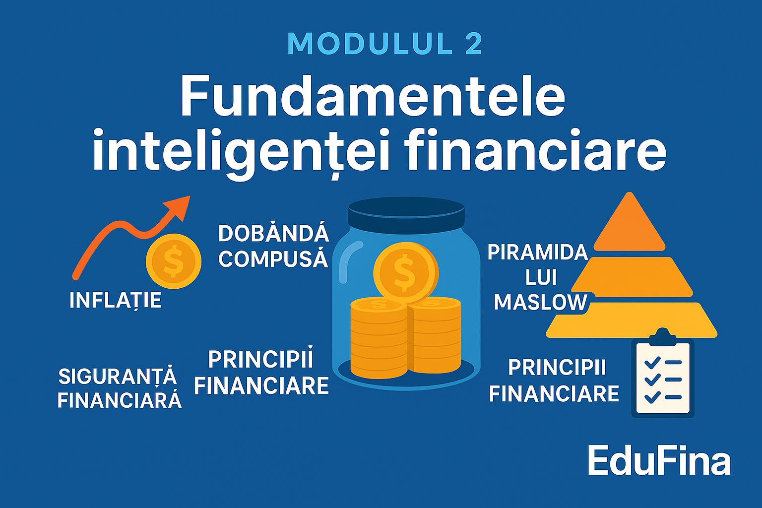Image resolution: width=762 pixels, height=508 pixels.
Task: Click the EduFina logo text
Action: [x=659, y=461]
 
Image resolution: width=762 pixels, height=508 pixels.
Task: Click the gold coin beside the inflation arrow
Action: [x=173, y=261]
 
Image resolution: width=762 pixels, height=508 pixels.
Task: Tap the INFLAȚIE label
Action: [x=115, y=300]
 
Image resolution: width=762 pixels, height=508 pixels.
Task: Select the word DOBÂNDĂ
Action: [x=273, y=234]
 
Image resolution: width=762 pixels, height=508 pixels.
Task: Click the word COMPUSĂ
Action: [x=273, y=258]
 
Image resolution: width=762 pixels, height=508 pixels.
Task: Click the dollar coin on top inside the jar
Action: [x=405, y=271]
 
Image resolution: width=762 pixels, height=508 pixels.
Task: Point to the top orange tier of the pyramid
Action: [x=629, y=225]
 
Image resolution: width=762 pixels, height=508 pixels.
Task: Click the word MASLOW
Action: [x=540, y=302]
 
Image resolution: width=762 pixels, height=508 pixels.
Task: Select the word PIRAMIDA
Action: [x=537, y=253]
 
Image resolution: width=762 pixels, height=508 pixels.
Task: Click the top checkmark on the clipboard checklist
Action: [x=651, y=362]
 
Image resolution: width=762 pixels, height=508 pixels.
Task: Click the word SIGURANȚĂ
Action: [x=118, y=377]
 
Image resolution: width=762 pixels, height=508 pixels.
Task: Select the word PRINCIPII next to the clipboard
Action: [x=557, y=368]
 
